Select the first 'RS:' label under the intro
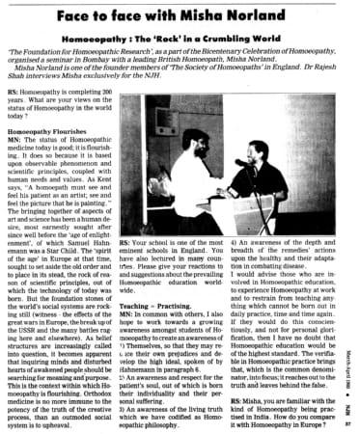[x=11, y=99]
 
